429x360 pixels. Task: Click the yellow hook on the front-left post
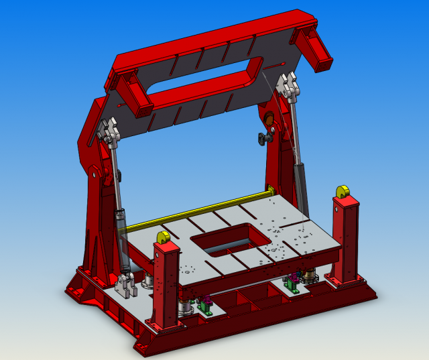[x=162, y=237]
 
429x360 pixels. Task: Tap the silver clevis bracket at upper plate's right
[x=290, y=86]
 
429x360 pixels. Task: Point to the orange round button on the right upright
[x=270, y=121]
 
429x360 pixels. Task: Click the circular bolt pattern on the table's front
[x=188, y=271]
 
